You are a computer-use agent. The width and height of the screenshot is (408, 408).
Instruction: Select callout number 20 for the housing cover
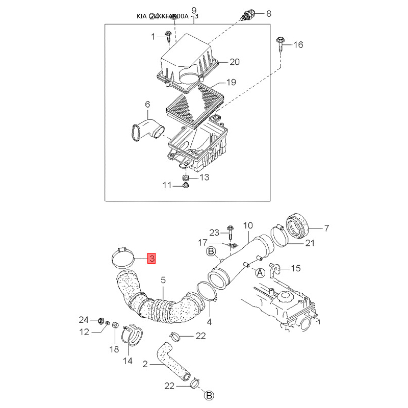(x=234, y=62)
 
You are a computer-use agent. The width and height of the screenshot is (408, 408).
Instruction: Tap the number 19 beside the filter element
(x=231, y=82)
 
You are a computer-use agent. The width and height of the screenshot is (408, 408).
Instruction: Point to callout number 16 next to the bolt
(x=298, y=45)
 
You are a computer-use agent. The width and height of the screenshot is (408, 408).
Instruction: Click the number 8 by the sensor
(x=269, y=14)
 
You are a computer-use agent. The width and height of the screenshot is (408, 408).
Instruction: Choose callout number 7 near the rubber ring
(x=327, y=228)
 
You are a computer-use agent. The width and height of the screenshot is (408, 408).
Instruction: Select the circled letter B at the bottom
(x=209, y=395)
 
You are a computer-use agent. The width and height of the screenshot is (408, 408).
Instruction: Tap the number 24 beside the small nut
(x=84, y=320)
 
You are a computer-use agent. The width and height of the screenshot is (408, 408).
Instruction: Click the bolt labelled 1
(x=169, y=36)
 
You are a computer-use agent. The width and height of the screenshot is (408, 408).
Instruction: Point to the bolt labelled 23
(x=230, y=234)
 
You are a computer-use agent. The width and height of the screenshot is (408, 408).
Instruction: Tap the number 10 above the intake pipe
(x=248, y=225)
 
